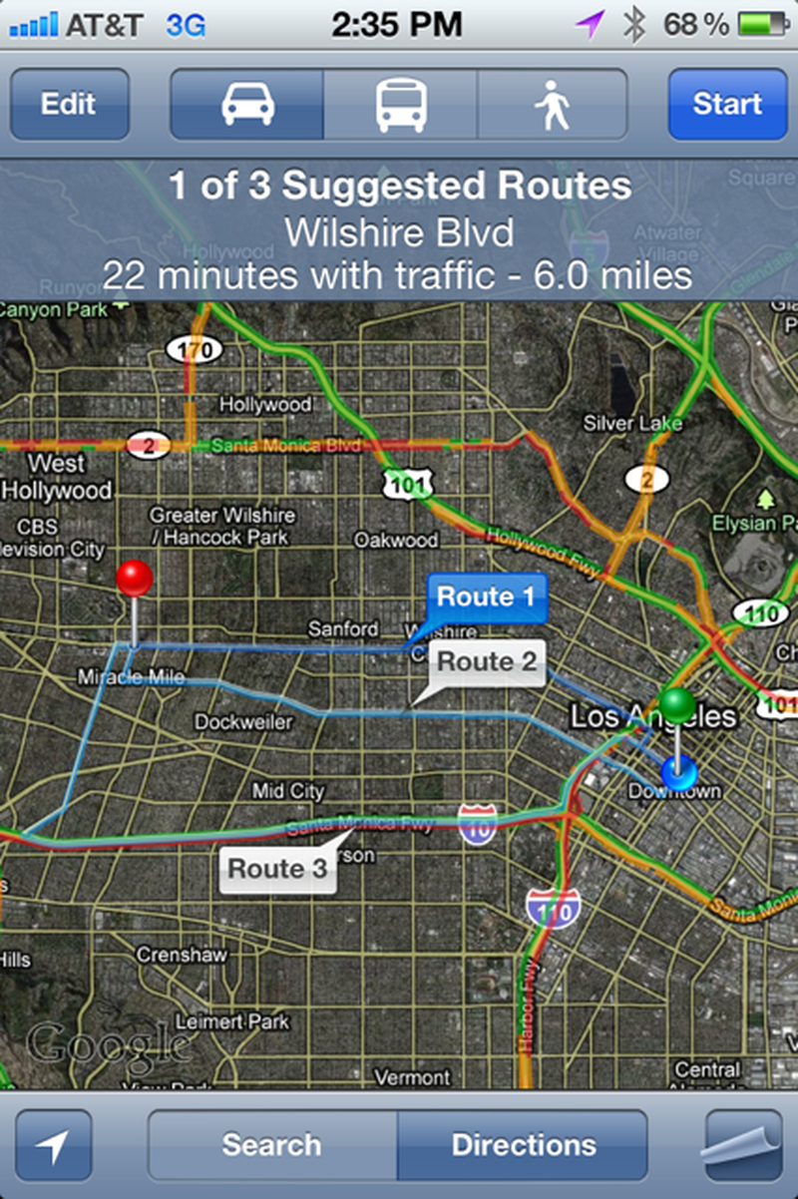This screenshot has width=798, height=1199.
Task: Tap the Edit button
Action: point(69,104)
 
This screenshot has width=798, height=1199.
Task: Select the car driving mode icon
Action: point(247,104)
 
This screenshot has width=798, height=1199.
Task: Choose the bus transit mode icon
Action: point(400,104)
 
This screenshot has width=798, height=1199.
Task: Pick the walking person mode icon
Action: point(552,104)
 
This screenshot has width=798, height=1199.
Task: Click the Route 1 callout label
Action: point(487,598)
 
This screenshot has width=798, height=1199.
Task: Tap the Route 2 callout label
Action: point(487,661)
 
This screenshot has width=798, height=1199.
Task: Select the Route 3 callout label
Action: point(277,869)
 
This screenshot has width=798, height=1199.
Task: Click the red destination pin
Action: point(135,579)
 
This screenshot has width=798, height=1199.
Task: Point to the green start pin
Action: point(677,705)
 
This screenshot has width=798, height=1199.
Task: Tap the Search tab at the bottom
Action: point(272,1144)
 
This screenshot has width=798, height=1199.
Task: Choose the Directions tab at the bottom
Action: point(523,1144)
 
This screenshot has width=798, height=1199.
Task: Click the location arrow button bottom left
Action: point(54,1145)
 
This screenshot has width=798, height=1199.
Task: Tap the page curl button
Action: point(743,1145)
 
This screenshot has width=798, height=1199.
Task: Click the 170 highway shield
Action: point(194,349)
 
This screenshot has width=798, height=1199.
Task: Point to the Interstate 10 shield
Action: point(478,825)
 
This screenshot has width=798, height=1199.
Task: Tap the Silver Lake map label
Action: point(632,424)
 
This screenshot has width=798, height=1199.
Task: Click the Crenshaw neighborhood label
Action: point(182,955)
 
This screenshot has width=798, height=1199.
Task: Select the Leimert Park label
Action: point(232,1021)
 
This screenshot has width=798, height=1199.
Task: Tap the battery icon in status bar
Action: point(763,25)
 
